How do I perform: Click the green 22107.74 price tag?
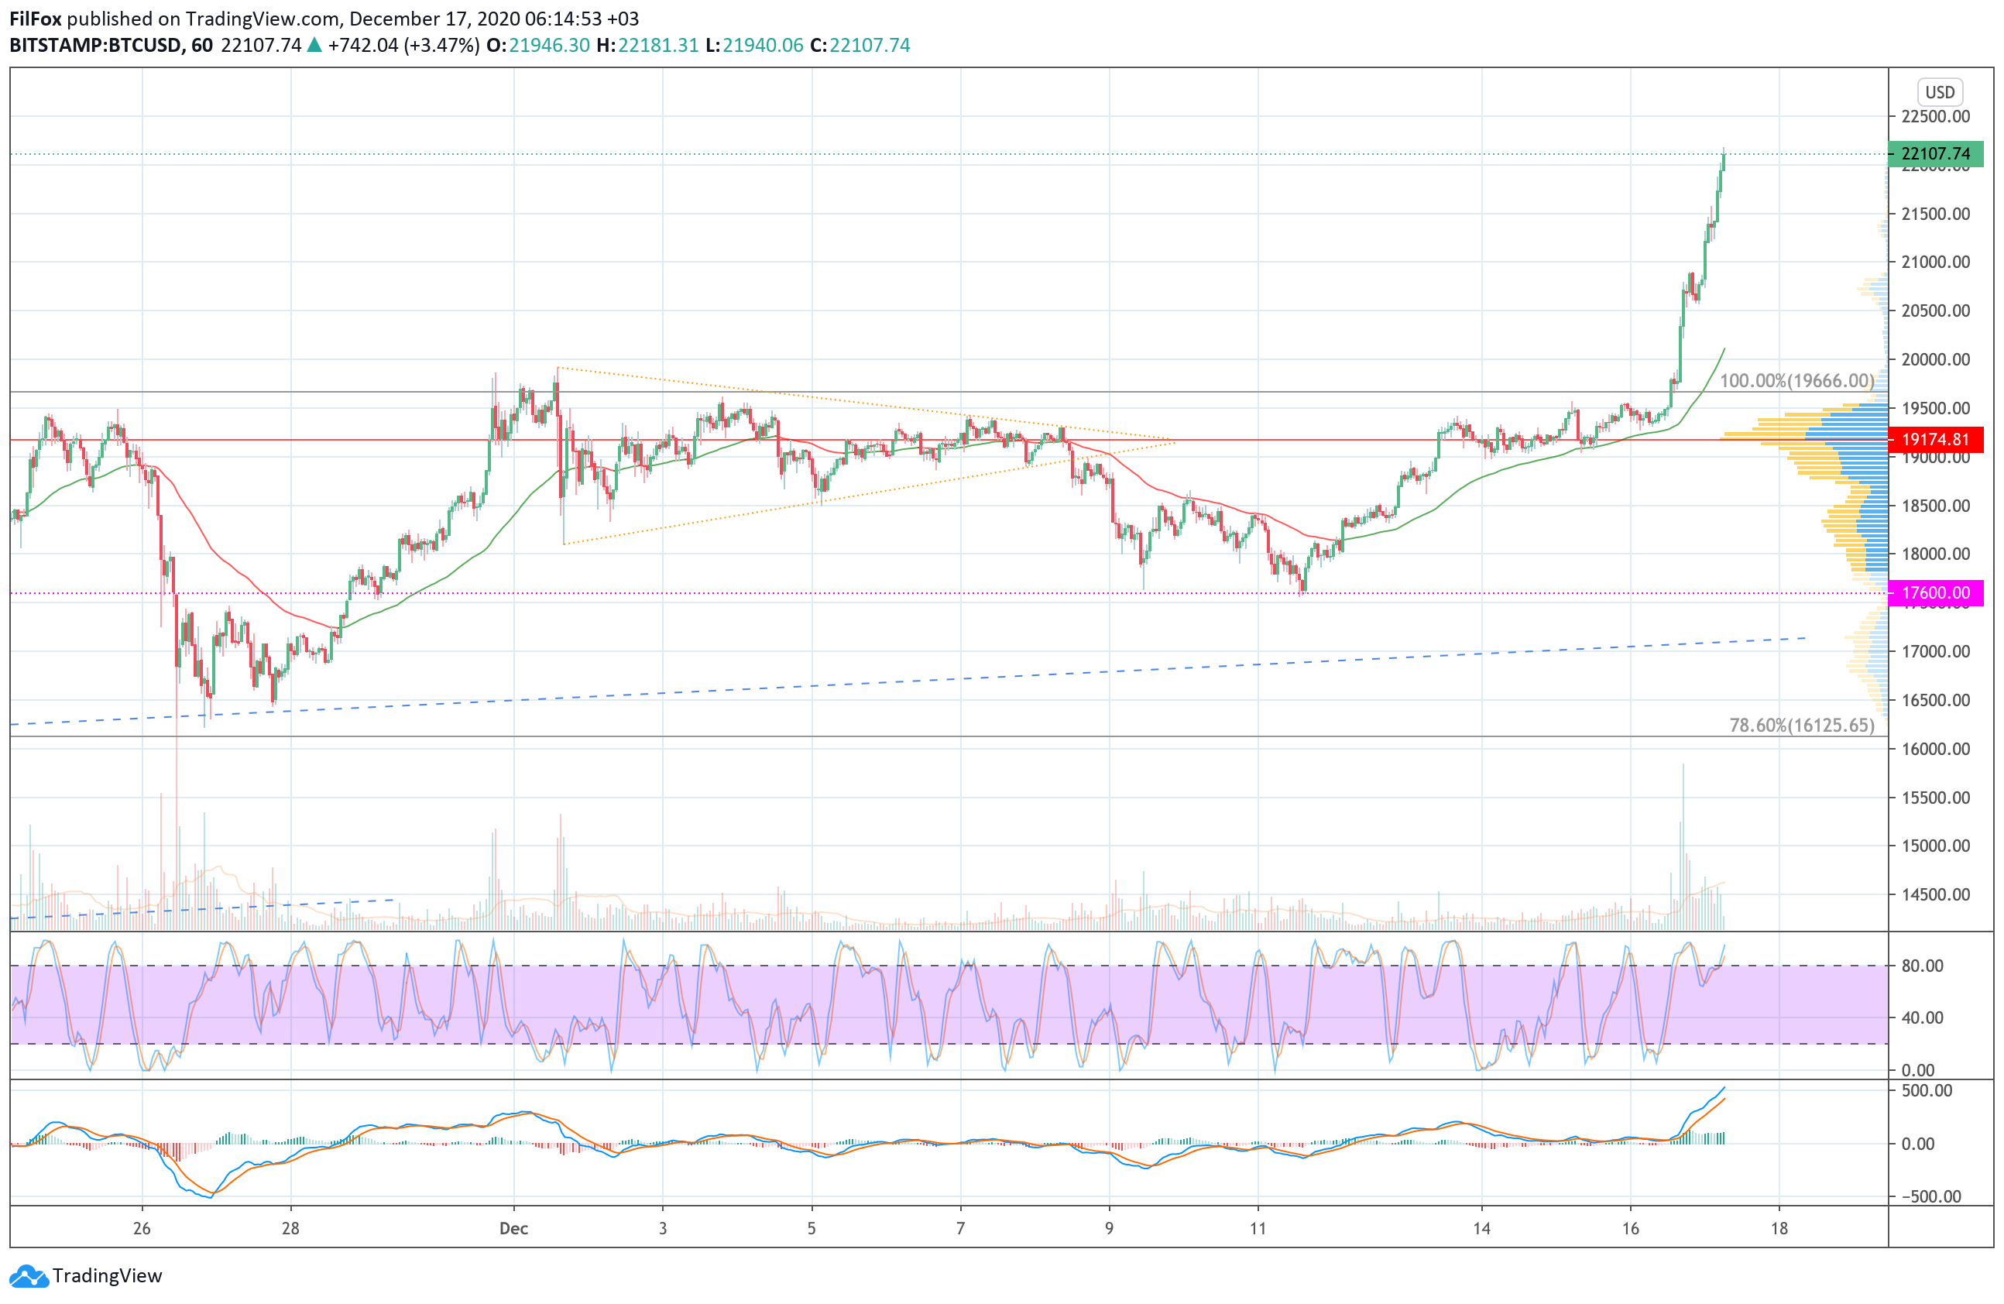[1936, 154]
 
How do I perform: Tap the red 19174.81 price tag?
[1936, 439]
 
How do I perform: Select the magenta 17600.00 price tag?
[1936, 592]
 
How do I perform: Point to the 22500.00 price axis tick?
[1936, 116]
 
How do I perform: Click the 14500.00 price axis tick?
[1936, 895]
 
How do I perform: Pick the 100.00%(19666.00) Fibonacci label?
[1797, 380]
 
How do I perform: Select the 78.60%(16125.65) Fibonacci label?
[1802, 726]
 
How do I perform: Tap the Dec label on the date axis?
[513, 1228]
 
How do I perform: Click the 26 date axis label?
[142, 1228]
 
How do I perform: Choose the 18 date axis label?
[1779, 1228]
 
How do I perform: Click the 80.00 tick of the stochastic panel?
[1923, 966]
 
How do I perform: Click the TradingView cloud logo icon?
[29, 1276]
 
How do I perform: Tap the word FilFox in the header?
[36, 19]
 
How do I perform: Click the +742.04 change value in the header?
[363, 46]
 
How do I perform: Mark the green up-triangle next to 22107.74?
[314, 46]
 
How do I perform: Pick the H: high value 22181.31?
[657, 46]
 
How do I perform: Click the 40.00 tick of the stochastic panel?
[1923, 1017]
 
